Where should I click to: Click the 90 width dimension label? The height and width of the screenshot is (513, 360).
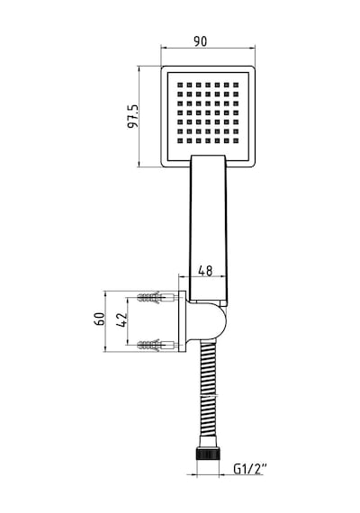coord(201,41)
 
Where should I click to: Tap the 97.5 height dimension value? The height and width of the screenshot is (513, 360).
coord(133,116)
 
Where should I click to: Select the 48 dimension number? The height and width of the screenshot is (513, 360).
coord(205,271)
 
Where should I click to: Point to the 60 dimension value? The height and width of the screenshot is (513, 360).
coord(100,319)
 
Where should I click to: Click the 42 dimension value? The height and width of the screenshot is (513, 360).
coord(121,320)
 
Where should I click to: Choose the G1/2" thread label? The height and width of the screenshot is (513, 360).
coord(250,469)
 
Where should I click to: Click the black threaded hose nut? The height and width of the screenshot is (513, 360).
coord(208,454)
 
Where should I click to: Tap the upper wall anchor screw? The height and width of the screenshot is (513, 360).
coord(156,298)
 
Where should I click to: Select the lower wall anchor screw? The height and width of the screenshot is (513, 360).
coord(156,345)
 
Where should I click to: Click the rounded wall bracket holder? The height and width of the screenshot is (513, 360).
coord(207,321)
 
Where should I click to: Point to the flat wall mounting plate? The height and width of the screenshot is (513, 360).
coord(183,321)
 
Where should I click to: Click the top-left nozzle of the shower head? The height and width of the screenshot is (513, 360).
coord(180,85)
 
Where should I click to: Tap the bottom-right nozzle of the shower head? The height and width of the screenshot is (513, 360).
coord(236,141)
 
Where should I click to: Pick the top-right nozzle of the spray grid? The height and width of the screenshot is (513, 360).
coord(236,85)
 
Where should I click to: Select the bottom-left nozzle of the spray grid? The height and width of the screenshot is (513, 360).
coord(180,141)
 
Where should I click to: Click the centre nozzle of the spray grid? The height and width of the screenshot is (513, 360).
coord(208,112)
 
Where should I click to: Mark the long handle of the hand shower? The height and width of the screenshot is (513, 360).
coord(208,229)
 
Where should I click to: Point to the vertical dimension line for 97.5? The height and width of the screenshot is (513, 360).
coord(139,117)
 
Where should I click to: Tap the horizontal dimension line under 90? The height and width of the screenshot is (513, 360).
coord(208,48)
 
